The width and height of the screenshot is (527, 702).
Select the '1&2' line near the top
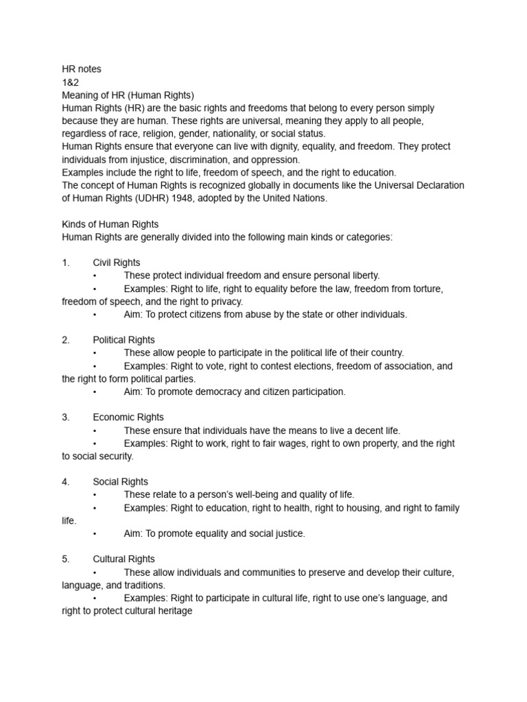69,82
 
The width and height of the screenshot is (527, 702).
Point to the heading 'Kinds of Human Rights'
110,224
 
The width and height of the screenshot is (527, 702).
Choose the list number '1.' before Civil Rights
66,263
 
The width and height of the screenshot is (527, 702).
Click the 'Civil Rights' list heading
117,263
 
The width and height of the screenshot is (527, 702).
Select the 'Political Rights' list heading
124,340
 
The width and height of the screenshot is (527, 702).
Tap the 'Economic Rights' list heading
128,417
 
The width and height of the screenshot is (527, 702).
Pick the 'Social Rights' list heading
121,482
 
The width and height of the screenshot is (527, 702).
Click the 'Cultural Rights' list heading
124,559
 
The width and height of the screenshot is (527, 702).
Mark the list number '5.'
66,559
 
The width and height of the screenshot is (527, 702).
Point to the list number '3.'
66,417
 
